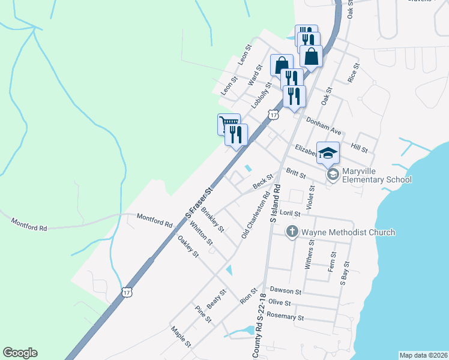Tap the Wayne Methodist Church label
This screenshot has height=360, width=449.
348,232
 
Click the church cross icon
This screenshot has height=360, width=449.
292,232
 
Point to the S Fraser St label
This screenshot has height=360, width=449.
199,202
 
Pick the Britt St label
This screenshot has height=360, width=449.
296,173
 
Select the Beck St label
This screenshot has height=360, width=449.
263,181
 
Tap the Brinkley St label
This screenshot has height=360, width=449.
212,220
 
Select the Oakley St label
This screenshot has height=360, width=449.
188,246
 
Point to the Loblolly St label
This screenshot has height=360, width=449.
261,93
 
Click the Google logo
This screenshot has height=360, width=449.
20,353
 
